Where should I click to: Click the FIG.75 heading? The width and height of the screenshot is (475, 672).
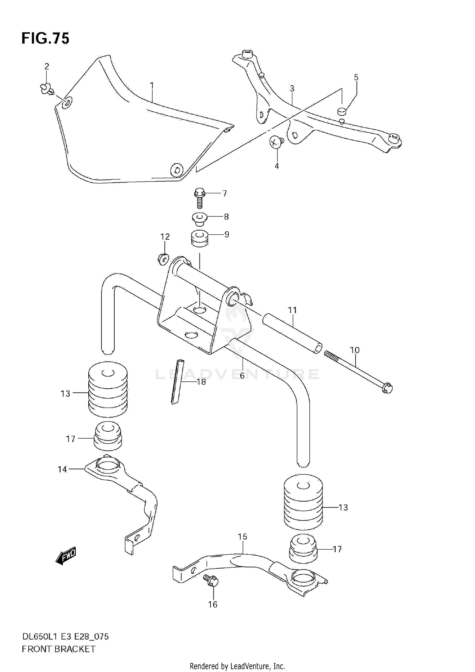(45, 39)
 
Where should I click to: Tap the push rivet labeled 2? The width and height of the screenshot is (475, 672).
(47, 88)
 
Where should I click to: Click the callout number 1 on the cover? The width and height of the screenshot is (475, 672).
(152, 85)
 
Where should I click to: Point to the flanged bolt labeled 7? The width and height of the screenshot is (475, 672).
(199, 197)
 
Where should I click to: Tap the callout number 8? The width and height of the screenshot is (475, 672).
(226, 217)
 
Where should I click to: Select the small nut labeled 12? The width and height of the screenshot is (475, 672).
(163, 259)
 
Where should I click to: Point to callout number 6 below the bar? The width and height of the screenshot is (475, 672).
(242, 376)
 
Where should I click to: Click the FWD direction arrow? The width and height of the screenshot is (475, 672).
(66, 556)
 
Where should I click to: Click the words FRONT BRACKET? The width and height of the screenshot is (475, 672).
(59, 649)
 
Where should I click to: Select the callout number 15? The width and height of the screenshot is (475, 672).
(243, 537)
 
